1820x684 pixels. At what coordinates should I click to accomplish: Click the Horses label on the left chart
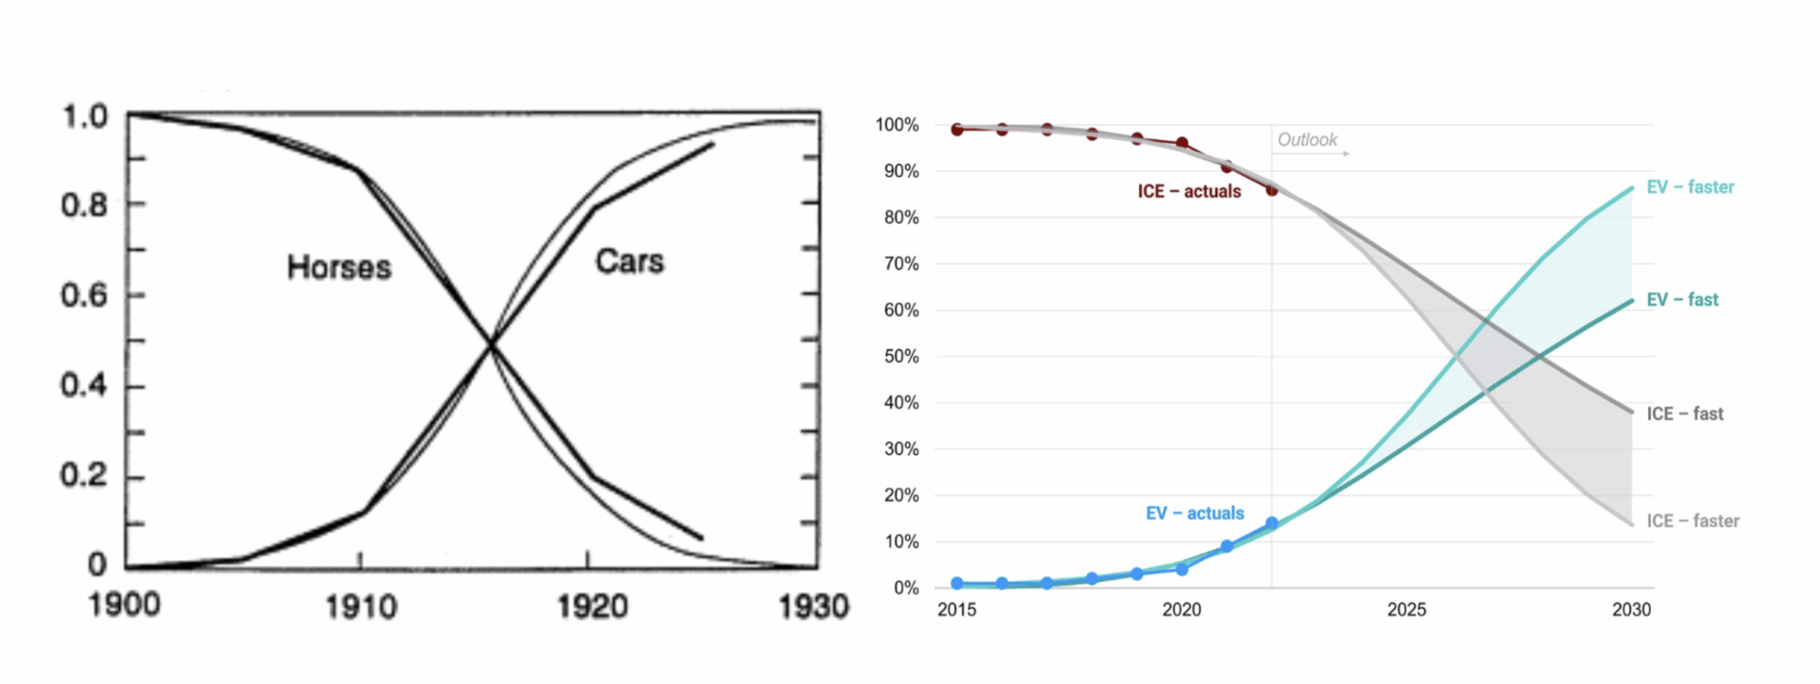(339, 267)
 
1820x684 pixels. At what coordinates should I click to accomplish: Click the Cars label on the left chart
(629, 261)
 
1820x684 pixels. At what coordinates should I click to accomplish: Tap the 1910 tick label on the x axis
(360, 608)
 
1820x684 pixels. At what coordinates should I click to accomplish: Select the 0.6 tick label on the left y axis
(84, 295)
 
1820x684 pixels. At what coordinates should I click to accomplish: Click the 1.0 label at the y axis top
(85, 117)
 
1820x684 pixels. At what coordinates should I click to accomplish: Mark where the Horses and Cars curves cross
(491, 345)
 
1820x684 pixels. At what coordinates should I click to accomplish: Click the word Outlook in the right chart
(1307, 140)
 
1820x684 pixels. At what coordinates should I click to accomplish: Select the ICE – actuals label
(1189, 191)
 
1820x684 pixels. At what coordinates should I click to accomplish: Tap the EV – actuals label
(1194, 513)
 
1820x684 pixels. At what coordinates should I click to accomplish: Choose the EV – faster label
(1690, 187)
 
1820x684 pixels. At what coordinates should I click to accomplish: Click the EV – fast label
(1682, 299)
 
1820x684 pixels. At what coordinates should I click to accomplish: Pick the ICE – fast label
(1684, 414)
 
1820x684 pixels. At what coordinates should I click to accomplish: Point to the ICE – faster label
(1692, 521)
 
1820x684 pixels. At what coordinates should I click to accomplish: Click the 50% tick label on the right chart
(901, 356)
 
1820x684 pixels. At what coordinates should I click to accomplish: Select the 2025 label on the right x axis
(1406, 609)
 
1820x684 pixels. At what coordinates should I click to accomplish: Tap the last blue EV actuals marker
(1272, 523)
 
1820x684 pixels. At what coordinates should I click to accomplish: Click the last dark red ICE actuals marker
(1272, 190)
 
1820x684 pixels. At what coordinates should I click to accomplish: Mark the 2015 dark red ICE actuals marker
(957, 129)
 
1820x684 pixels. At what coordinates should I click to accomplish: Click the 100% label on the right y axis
(897, 125)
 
